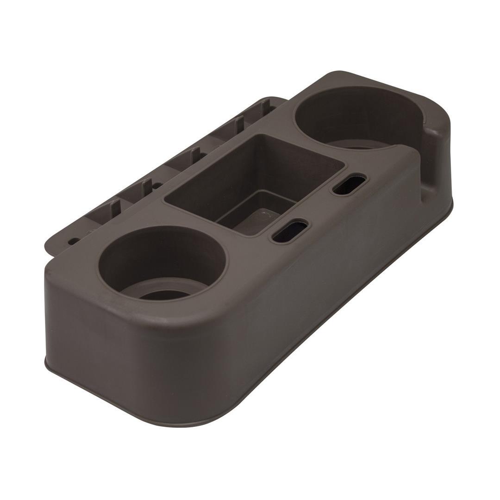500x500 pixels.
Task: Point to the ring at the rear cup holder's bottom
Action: point(361,147)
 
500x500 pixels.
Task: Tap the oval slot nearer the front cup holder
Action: point(290,232)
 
